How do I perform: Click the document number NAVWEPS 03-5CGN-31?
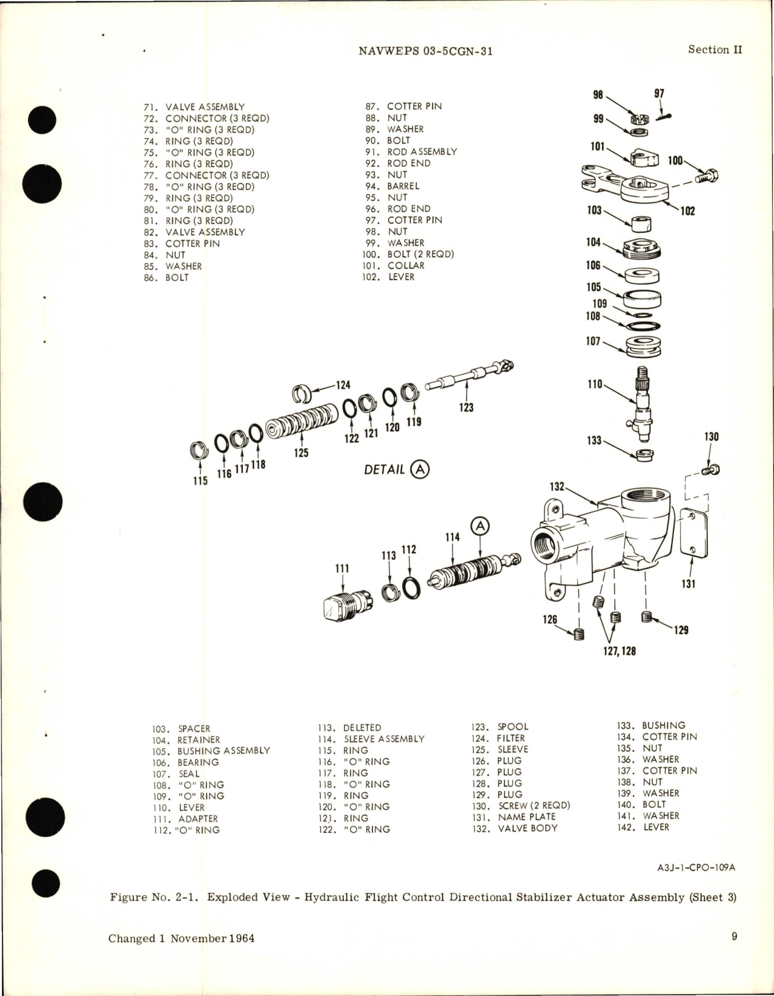pyautogui.click(x=425, y=51)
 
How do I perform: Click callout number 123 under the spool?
pyautogui.click(x=466, y=407)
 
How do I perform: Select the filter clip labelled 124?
pyautogui.click(x=302, y=394)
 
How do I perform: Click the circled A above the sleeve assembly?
pyautogui.click(x=480, y=526)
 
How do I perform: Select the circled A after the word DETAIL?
pyautogui.click(x=419, y=469)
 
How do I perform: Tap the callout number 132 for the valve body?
pyautogui.click(x=557, y=487)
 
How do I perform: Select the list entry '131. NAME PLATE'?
pyautogui.click(x=514, y=817)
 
